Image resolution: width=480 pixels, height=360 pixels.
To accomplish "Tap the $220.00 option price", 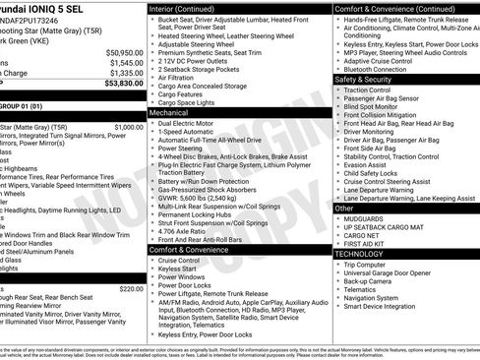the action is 131,288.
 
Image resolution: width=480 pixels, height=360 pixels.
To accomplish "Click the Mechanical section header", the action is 168,113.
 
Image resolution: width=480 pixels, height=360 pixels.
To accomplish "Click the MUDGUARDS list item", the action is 368,217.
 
